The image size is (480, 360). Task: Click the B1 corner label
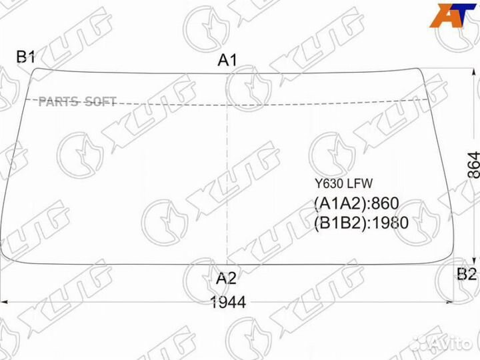[x=26, y=57]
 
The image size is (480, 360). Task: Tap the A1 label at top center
[x=227, y=60]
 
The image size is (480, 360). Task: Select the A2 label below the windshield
[x=226, y=278]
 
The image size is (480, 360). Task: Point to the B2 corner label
[x=467, y=274]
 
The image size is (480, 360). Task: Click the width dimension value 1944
[x=229, y=303]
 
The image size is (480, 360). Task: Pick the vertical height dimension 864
[x=474, y=165]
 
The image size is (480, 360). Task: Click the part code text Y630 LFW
[x=344, y=184]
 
